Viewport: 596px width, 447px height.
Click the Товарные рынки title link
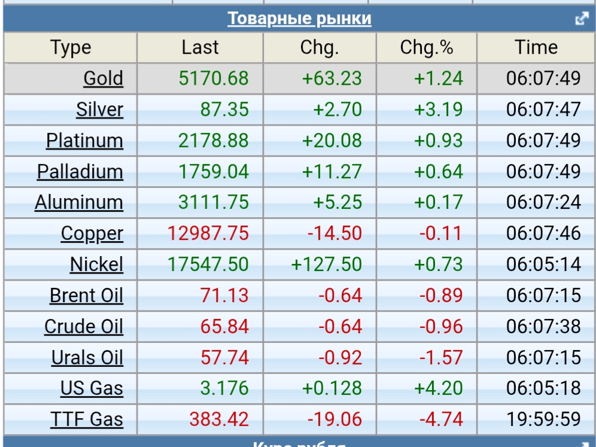click(299, 19)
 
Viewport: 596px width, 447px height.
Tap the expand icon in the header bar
click(582, 19)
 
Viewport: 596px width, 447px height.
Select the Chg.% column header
click(427, 48)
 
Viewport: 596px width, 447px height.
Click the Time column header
click(536, 48)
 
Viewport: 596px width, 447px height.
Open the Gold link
click(103, 78)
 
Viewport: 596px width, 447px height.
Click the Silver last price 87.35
click(226, 110)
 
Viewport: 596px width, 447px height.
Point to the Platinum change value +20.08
click(332, 141)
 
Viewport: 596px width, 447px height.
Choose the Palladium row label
click(80, 172)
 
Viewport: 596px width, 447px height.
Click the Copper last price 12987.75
click(208, 233)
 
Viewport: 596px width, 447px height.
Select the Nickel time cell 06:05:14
click(543, 264)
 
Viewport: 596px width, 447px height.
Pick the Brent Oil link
click(86, 296)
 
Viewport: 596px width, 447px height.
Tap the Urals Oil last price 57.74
click(224, 358)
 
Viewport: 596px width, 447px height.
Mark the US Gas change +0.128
click(332, 388)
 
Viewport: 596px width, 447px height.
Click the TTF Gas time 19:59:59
click(543, 419)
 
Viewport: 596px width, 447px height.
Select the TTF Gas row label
click(87, 419)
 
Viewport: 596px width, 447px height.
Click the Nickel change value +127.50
click(327, 264)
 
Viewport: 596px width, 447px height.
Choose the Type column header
click(71, 48)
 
